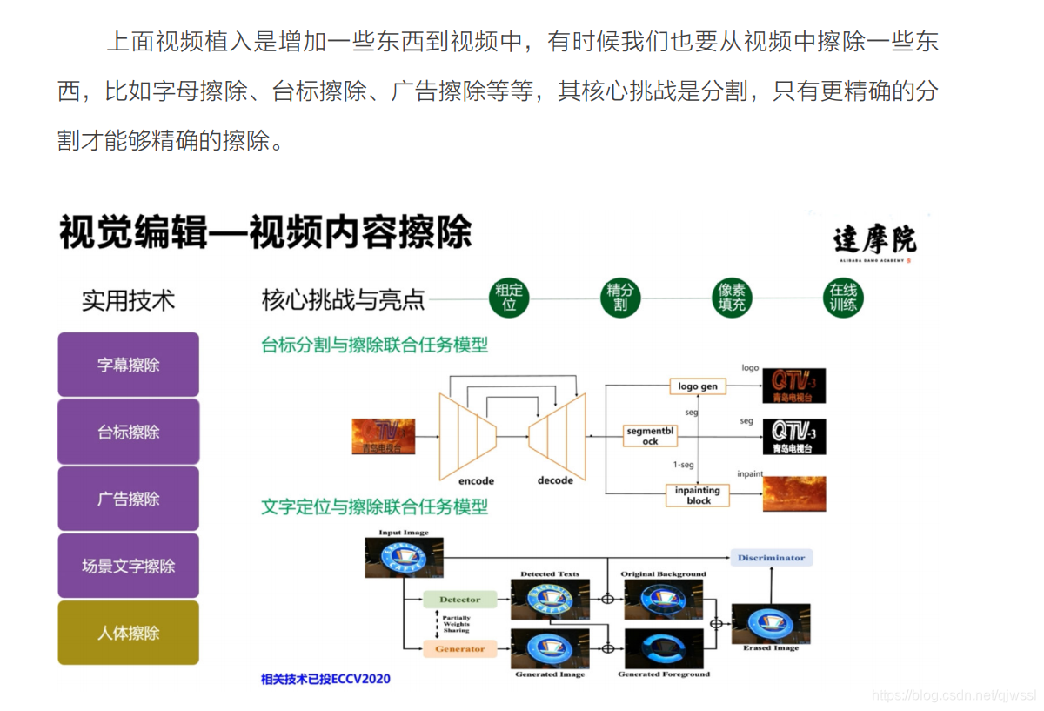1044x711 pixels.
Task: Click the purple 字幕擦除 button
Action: pyautogui.click(x=128, y=365)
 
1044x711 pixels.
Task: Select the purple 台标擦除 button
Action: pyautogui.click(x=128, y=432)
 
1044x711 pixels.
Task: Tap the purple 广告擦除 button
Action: pyautogui.click(x=128, y=499)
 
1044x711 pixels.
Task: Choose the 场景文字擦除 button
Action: pyautogui.click(x=128, y=566)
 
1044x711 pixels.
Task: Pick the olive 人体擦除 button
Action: pyautogui.click(x=128, y=633)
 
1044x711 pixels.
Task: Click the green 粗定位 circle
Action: pyautogui.click(x=509, y=298)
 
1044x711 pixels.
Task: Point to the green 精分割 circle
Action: pyautogui.click(x=620, y=298)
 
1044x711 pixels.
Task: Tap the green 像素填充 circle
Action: pyautogui.click(x=732, y=298)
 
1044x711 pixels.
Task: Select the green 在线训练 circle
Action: pyautogui.click(x=843, y=298)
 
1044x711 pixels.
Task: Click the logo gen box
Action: pyautogui.click(x=697, y=386)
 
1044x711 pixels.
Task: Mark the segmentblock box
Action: pyautogui.click(x=650, y=435)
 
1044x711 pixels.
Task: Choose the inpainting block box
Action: pyautogui.click(x=698, y=495)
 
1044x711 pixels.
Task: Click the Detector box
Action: pyautogui.click(x=459, y=600)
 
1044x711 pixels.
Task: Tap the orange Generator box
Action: pyautogui.click(x=459, y=649)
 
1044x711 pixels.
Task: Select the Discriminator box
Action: pyautogui.click(x=771, y=558)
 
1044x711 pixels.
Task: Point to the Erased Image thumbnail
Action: pyautogui.click(x=770, y=623)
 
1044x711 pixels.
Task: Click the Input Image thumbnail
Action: pyautogui.click(x=404, y=558)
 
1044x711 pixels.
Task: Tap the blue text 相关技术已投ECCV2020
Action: pyautogui.click(x=325, y=679)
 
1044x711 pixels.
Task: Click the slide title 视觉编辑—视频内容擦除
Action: pyautogui.click(x=265, y=233)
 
